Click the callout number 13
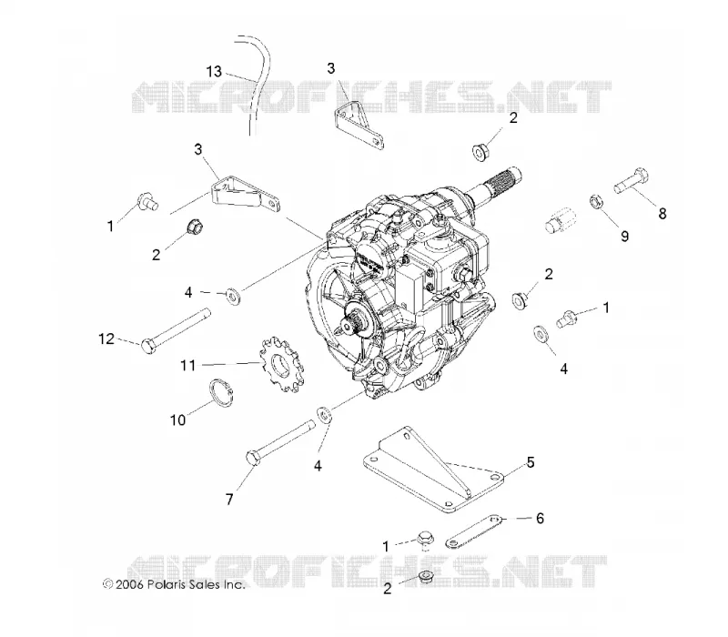[214, 72]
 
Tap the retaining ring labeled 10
[221, 393]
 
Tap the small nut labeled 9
[596, 201]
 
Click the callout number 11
[188, 366]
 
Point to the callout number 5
[531, 462]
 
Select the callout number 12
[106, 339]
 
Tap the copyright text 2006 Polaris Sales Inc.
[174, 584]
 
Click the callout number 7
[229, 500]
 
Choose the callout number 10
[177, 420]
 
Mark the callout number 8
[662, 214]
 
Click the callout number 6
[540, 518]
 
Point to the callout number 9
[625, 237]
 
